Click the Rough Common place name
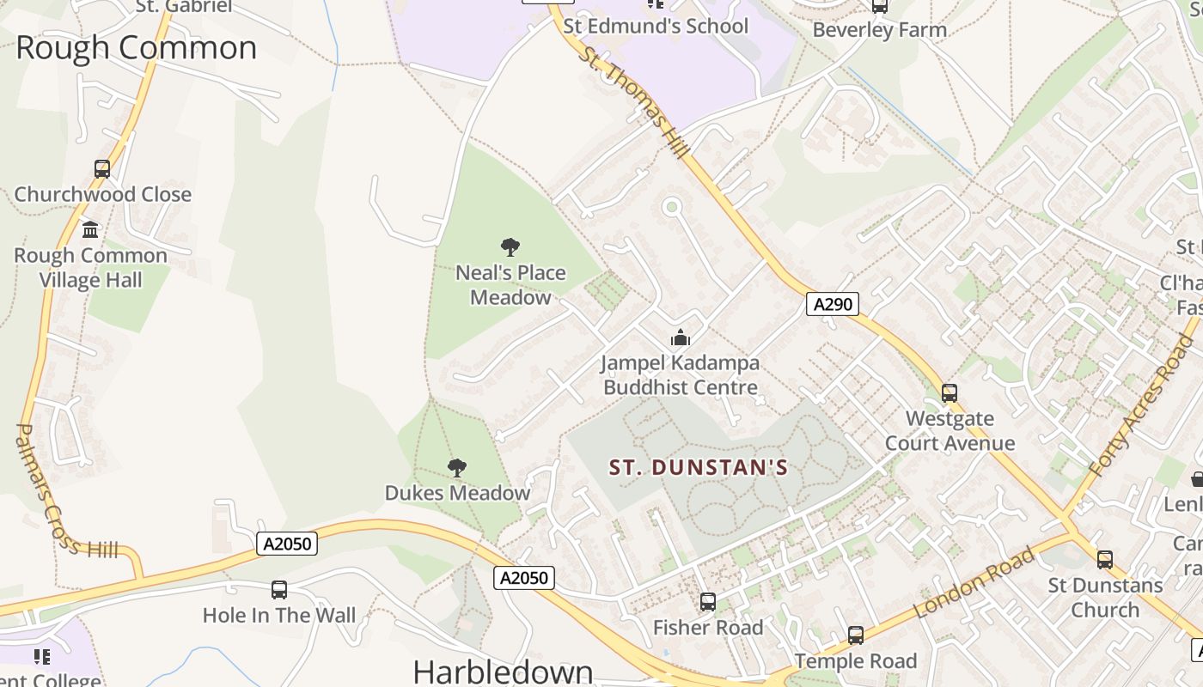click(x=136, y=47)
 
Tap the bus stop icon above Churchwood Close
click(x=102, y=169)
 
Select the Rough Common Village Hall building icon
click(x=90, y=230)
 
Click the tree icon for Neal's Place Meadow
click(x=510, y=247)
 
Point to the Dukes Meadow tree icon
click(x=457, y=468)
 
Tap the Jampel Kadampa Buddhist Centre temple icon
click(x=681, y=337)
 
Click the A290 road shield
click(x=832, y=304)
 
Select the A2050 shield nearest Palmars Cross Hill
click(x=287, y=544)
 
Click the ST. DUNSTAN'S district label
click(x=699, y=468)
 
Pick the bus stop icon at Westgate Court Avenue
click(x=950, y=393)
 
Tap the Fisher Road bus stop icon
click(x=707, y=602)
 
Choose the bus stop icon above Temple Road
click(x=855, y=635)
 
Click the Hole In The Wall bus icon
click(x=279, y=590)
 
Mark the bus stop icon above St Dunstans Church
click(x=1105, y=560)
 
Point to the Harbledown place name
click(x=503, y=671)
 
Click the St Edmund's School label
click(x=656, y=26)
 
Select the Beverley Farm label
click(x=879, y=30)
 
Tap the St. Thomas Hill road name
click(x=634, y=102)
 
